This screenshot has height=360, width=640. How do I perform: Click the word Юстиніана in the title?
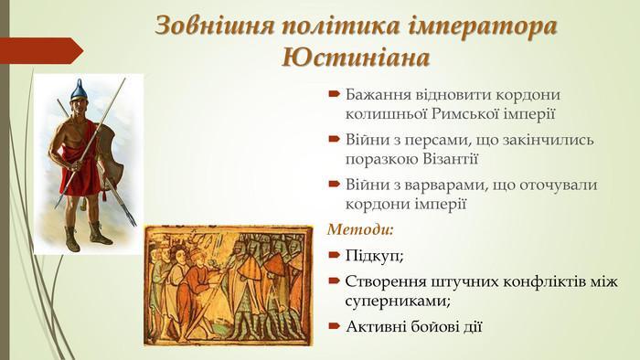pos(356,58)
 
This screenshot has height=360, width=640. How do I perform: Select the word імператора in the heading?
pos(482,26)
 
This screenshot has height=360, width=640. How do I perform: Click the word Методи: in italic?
pos(360,229)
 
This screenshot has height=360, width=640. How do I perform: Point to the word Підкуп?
pos(374,257)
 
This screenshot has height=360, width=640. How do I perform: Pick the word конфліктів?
pos(542,281)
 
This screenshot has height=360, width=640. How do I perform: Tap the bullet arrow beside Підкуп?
pos(334,255)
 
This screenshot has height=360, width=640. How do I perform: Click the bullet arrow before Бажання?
pos(334,94)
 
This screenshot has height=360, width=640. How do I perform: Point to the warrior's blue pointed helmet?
pos(78,90)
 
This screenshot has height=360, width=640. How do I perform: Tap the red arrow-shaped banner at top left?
pos(41,50)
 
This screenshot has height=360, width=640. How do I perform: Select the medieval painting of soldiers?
pos(229,285)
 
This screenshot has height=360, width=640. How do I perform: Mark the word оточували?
pos(559,185)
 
